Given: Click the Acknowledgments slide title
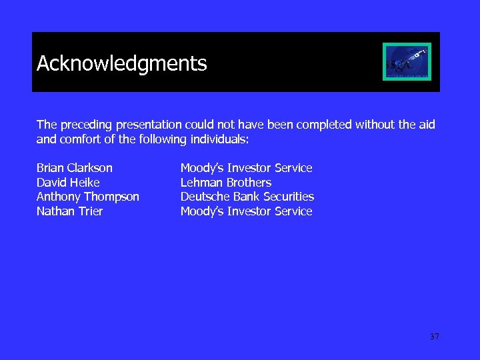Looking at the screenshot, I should (x=121, y=63).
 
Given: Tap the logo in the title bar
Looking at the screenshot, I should (x=407, y=61).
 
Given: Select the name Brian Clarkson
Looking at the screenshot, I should (x=74, y=168).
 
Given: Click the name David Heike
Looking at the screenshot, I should (x=68, y=182).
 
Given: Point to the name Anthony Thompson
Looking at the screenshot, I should (x=87, y=197).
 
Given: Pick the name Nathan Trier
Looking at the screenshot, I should (x=69, y=211).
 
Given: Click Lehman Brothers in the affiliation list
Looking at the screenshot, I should (x=225, y=182).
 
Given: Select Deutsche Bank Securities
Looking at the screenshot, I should (x=247, y=197).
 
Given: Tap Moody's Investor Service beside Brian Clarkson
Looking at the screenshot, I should (x=246, y=168).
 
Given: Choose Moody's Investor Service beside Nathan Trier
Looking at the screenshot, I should (x=246, y=211).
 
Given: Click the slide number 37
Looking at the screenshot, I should (x=434, y=337).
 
